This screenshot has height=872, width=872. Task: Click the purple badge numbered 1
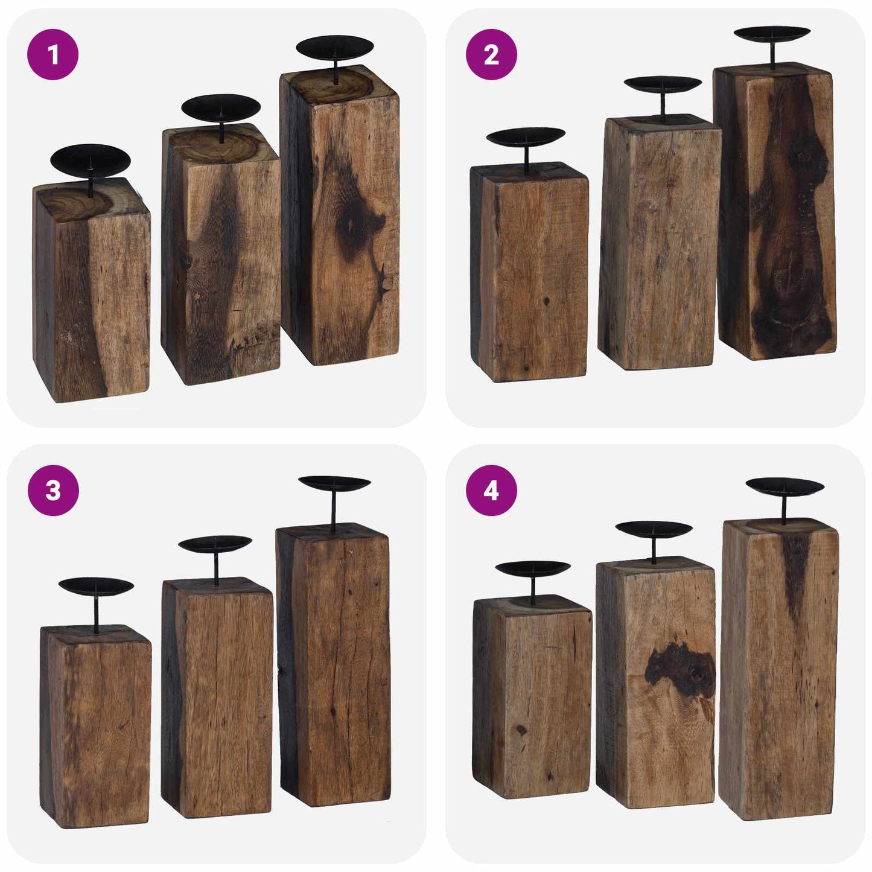click(53, 54)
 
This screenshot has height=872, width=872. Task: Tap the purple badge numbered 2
click(491, 54)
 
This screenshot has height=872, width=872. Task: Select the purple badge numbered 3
click(53, 490)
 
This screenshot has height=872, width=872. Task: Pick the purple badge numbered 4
click(491, 490)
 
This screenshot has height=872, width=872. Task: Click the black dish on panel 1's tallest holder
click(335, 48)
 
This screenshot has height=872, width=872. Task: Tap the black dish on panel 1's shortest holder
click(90, 160)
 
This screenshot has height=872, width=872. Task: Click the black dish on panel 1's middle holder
click(221, 107)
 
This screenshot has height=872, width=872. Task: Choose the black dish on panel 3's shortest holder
click(96, 586)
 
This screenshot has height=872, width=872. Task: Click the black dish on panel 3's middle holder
click(215, 543)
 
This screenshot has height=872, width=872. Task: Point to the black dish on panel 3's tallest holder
click(334, 483)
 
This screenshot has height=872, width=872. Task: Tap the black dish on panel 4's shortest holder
click(533, 569)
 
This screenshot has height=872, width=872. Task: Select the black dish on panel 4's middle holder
click(654, 529)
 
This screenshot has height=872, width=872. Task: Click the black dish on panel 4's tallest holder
click(784, 485)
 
